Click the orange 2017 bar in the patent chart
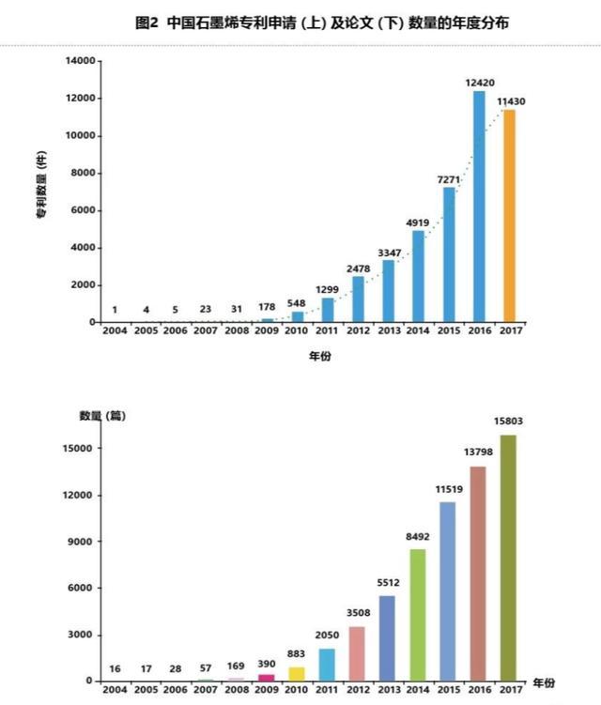(509, 216)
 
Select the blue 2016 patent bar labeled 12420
(479, 207)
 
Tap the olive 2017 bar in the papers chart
(508, 559)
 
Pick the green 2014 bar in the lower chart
(418, 615)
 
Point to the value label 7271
(449, 178)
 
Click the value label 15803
(508, 421)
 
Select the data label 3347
(389, 251)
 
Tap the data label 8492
(418, 537)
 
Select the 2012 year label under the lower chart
(358, 690)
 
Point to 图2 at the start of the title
(147, 21)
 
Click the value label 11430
(509, 100)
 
